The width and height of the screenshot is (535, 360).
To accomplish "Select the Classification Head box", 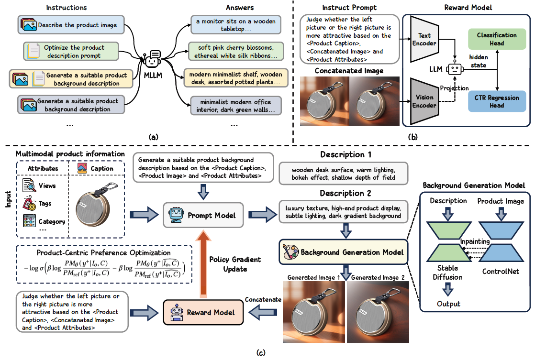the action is click(497, 39).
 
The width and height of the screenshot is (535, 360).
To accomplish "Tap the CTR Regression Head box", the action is click(497, 101).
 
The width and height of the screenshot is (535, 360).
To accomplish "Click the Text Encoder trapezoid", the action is click(424, 39).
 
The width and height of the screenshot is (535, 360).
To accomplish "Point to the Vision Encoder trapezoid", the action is click(424, 101).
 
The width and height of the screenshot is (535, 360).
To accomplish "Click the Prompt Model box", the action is click(203, 215).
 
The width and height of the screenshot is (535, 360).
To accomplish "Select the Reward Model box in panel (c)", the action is click(203, 312).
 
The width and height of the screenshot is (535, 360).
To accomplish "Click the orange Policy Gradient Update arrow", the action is click(204, 263).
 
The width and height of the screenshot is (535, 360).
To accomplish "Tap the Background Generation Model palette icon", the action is click(290, 252).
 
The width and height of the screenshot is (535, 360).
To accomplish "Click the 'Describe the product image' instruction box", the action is click(71, 25).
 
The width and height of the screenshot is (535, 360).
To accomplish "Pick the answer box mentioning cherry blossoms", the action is click(236, 52).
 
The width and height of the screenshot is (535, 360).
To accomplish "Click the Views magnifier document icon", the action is click(29, 185).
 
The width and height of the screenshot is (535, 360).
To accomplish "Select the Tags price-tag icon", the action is click(29, 203).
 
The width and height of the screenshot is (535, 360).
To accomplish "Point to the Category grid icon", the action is click(29, 221).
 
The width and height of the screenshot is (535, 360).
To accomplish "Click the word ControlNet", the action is click(501, 272).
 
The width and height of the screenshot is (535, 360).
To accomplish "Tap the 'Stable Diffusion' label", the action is click(447, 273).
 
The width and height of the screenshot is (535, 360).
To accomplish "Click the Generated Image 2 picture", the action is click(378, 312).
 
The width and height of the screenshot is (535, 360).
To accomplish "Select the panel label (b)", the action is click(412, 137).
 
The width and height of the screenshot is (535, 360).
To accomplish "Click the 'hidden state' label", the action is click(479, 61).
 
